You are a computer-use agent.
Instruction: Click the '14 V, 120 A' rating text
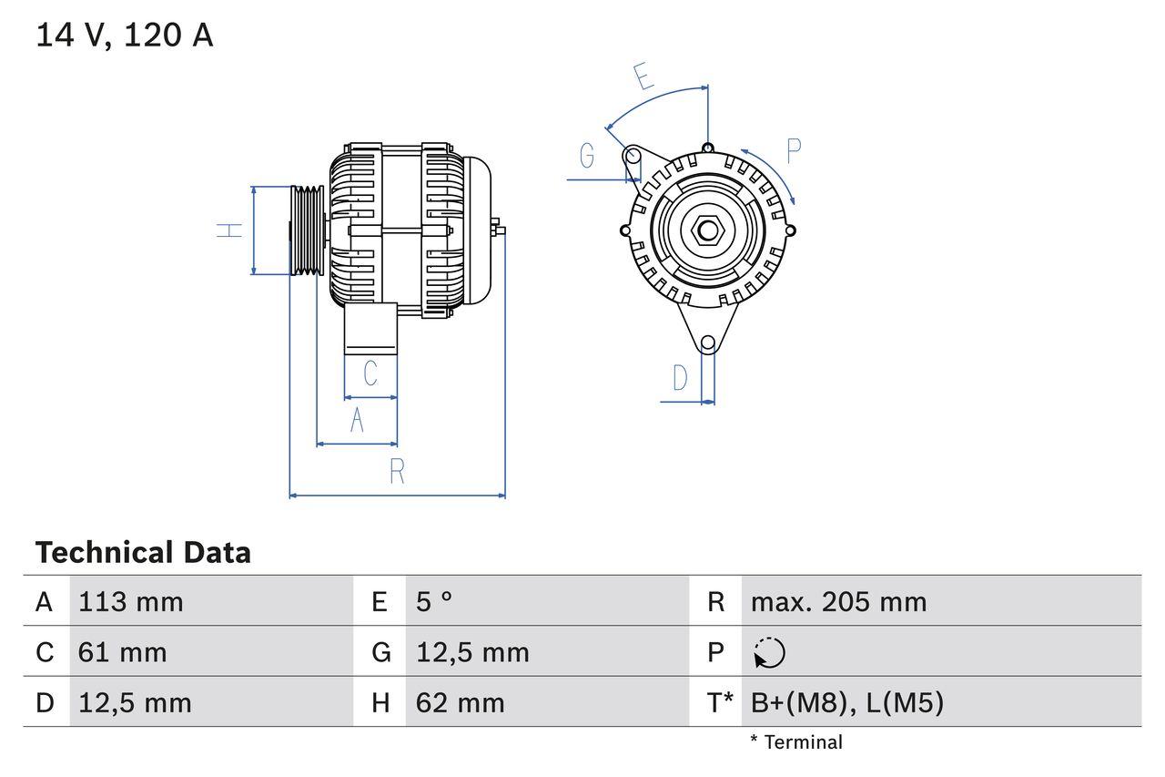(125, 35)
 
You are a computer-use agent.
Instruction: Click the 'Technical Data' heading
(143, 552)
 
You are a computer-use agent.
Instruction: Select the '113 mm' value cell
(131, 601)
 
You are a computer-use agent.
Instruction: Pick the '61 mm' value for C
(123, 652)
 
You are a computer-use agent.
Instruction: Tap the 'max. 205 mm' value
(838, 601)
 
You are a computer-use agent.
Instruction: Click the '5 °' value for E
(434, 601)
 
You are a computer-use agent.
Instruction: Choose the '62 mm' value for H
(460, 702)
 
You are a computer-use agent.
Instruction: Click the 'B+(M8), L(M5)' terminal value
(846, 702)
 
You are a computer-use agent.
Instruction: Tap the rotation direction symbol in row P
(769, 652)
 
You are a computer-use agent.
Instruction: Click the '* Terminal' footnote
(796, 741)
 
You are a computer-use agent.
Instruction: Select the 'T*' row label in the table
(720, 702)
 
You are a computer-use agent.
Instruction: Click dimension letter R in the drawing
(397, 472)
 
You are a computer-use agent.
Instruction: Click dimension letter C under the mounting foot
(370, 373)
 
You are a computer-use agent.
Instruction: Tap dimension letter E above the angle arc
(644, 77)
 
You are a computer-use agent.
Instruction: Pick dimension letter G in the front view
(587, 157)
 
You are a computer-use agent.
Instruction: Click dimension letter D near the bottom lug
(680, 377)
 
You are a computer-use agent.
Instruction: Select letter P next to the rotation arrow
(793, 151)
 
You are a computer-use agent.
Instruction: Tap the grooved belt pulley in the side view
(308, 230)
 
